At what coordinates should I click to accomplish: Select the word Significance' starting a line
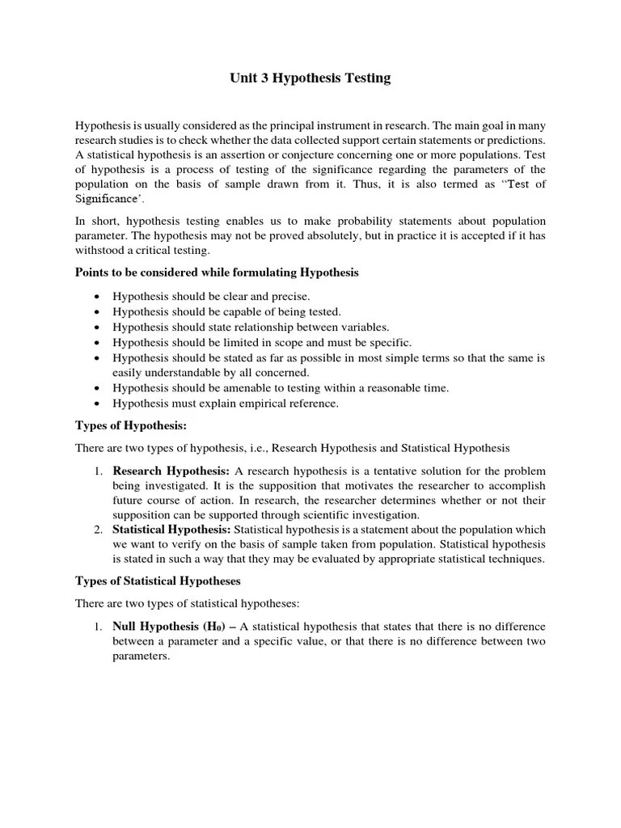coord(105,198)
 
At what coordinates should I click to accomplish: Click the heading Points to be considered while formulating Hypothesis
coord(217,272)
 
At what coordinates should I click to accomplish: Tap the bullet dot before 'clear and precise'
coord(97,297)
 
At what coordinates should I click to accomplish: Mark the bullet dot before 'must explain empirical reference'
coord(97,403)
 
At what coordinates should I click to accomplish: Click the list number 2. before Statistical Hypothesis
coord(97,529)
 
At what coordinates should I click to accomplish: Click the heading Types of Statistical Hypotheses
coord(158,581)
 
